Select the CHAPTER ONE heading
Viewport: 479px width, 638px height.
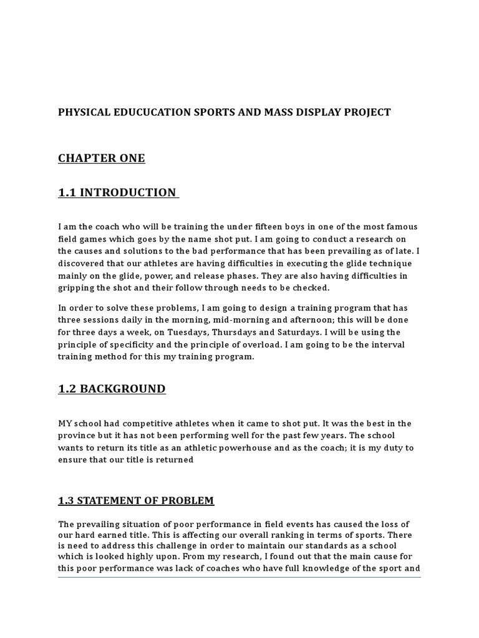pyautogui.click(x=102, y=158)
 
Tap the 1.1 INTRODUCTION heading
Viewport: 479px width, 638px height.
pyautogui.click(x=118, y=193)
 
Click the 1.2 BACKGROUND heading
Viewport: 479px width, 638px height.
pyautogui.click(x=112, y=389)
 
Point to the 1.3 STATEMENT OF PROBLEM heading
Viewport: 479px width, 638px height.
pyautogui.click(x=136, y=500)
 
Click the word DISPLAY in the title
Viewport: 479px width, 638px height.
pyautogui.click(x=313, y=112)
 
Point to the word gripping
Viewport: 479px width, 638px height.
pyautogui.click(x=77, y=287)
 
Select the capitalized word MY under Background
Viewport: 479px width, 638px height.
pyautogui.click(x=65, y=424)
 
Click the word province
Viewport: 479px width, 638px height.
pyautogui.click(x=79, y=436)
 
